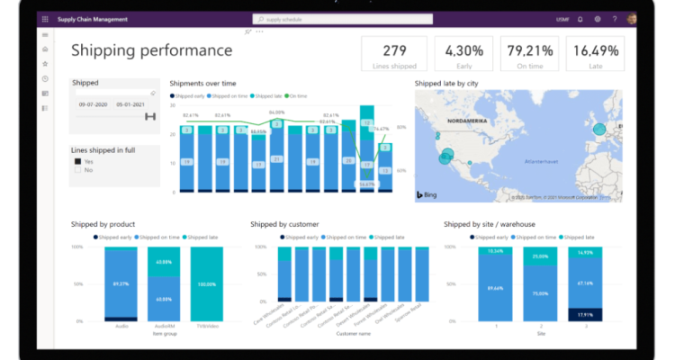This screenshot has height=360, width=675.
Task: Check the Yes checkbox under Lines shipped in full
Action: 78,162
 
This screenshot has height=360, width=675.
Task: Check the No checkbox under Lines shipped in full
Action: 78,169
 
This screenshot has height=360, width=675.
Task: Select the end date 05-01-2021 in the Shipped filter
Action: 131,104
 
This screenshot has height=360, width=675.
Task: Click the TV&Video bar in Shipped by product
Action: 206,283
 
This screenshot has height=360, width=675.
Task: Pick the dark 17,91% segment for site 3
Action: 584,315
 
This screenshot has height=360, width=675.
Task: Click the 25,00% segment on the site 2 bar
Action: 539,257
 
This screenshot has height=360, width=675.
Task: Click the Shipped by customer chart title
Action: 284,223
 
